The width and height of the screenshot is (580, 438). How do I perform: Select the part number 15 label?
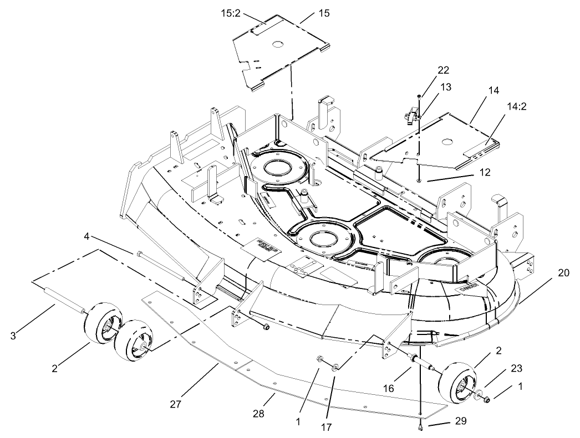tap(324, 13)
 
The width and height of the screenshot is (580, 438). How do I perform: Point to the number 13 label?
tap(446, 87)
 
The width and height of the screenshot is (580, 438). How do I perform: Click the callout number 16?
tap(389, 389)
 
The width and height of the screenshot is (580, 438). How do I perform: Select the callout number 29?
tap(461, 421)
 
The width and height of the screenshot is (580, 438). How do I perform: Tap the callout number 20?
tap(563, 273)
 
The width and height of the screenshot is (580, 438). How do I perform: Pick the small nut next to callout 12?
tap(420, 180)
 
